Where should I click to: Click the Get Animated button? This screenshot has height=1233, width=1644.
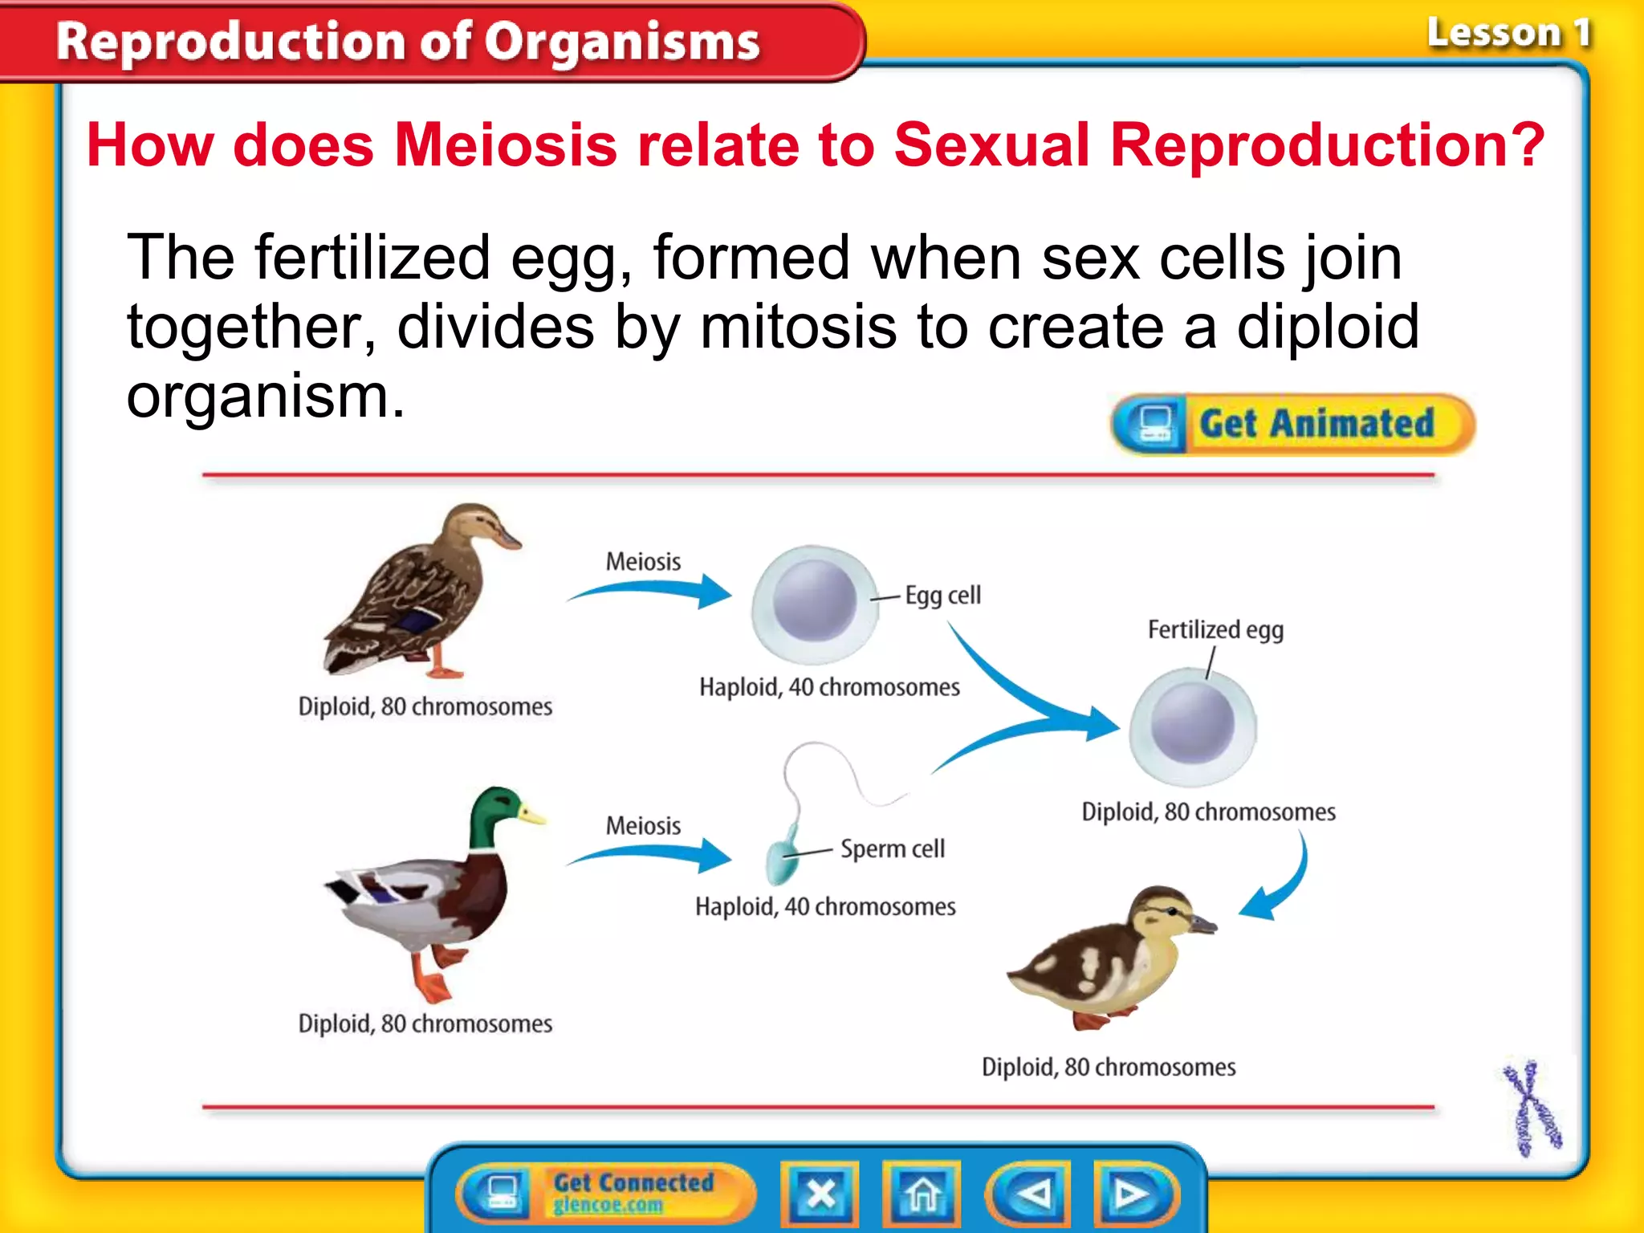point(1292,424)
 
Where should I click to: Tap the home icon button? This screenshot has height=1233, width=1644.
point(922,1194)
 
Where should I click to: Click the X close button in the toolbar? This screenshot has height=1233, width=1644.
point(820,1194)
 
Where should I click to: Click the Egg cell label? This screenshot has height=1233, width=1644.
point(942,596)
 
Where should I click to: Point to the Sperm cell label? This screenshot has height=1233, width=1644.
point(892,848)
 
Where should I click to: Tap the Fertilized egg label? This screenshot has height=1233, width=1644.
point(1215,629)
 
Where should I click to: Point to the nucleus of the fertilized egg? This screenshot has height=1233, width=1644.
point(1192,724)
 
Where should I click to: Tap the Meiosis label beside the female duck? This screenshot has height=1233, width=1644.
point(643,562)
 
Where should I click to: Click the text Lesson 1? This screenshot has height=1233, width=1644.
point(1508,34)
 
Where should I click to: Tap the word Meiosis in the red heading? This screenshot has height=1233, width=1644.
point(506,145)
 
